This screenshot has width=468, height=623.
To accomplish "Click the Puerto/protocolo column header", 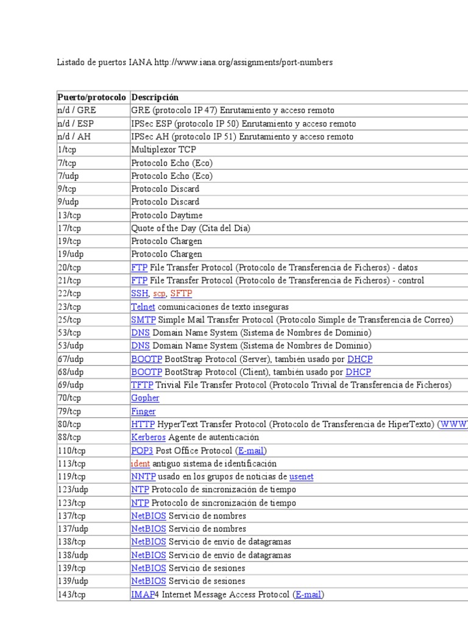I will coord(91,97).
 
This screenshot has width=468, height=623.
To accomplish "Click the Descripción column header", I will coord(155,97).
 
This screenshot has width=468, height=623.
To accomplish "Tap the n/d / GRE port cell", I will coord(77,111).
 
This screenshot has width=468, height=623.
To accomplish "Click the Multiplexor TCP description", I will coord(163,150).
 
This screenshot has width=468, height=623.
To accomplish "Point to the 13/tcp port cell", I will coord(69,215).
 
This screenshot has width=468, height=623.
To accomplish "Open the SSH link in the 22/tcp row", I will coord(140,293).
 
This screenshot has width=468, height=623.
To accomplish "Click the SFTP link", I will coord(181,293).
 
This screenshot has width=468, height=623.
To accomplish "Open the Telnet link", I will coord(143,307).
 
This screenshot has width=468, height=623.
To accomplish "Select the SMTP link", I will coord(143,319).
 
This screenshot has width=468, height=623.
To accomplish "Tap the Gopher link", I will coord(145,398).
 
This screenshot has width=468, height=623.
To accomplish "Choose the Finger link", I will coord(143,411).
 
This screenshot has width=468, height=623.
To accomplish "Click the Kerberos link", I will coord(148,437).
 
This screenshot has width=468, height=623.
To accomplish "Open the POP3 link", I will coord(141,450).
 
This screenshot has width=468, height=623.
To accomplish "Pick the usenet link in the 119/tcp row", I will coord(301,476).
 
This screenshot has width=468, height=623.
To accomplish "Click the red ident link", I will coord(140,463).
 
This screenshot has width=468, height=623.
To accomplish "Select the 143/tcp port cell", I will coord(71,594).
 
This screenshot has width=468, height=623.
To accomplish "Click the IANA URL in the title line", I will coord(244,63).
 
